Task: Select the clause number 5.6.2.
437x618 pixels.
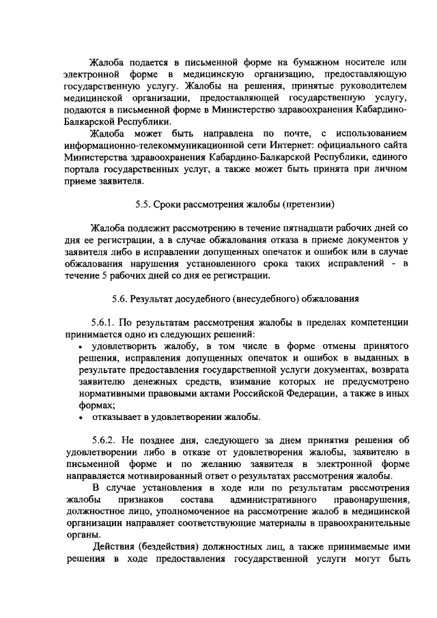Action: tap(104, 440)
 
